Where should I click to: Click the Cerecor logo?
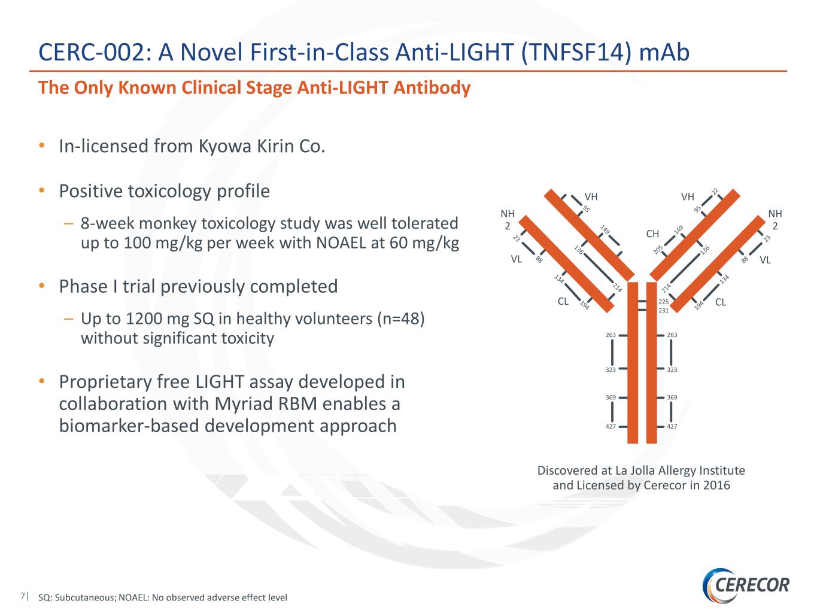746,585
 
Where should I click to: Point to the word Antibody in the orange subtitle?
432,88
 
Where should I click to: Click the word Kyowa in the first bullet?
225,146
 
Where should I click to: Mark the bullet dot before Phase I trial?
42,286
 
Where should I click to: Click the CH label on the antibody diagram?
652,233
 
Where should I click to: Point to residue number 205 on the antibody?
658,249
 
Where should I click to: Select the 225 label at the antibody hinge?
663,302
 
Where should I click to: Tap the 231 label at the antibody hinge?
663,311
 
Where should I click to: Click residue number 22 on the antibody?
715,192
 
